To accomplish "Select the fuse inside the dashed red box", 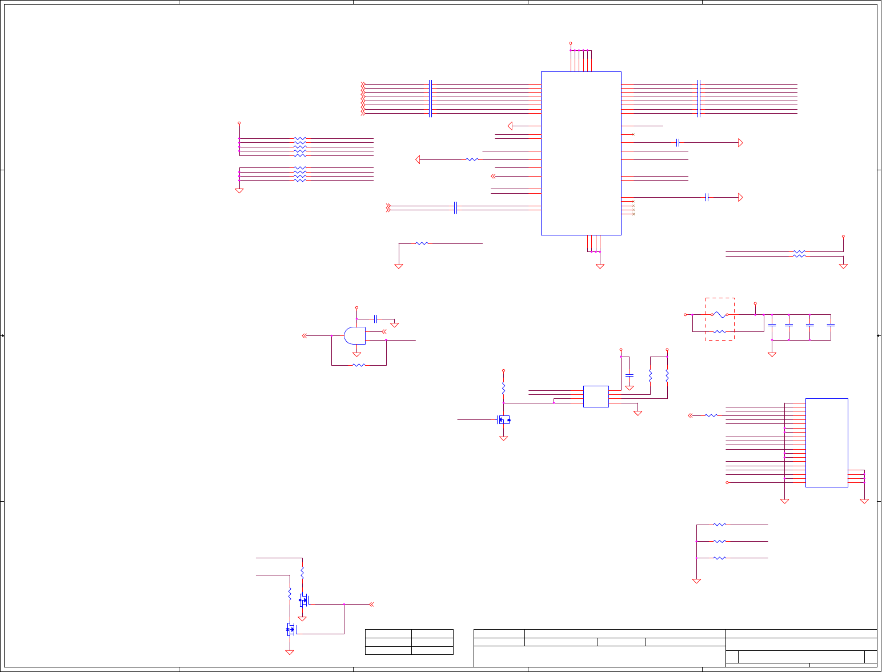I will [x=720, y=315].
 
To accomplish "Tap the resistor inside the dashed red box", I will [x=720, y=331].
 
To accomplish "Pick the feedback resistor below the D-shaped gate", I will [x=359, y=365].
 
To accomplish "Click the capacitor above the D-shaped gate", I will [x=375, y=318].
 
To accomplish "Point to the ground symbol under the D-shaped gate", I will [x=356, y=354].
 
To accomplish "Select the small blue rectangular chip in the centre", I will [x=596, y=397].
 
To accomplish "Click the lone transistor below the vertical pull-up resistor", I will [x=503, y=420].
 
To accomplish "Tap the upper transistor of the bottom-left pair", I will [x=303, y=600].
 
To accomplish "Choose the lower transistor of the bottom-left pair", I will [x=291, y=630].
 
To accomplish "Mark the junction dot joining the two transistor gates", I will [x=344, y=604].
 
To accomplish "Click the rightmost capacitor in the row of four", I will [x=831, y=325].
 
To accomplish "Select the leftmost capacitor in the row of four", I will [x=772, y=325].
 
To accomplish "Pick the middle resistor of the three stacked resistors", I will [x=720, y=541].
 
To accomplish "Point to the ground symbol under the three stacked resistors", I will [x=696, y=581].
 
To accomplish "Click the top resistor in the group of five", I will [x=300, y=138].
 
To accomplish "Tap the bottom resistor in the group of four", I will [x=300, y=180].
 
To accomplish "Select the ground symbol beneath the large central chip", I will [x=600, y=266].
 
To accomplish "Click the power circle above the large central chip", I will [x=571, y=43].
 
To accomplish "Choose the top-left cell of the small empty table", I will [x=388, y=634].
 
